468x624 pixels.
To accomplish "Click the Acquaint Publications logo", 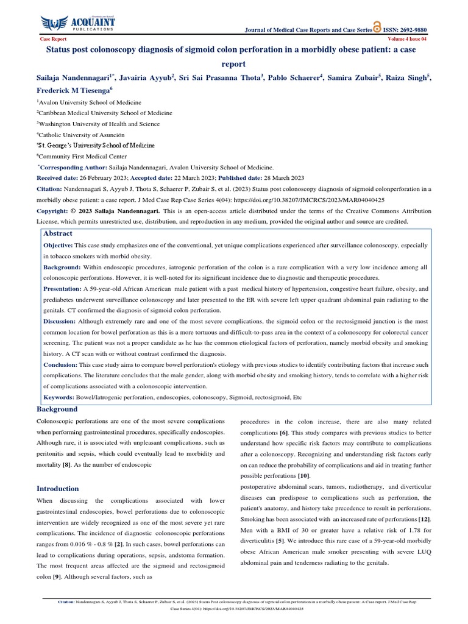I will click(x=79, y=23).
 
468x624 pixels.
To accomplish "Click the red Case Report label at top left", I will click(x=53, y=38).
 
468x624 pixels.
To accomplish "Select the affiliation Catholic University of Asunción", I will click(x=82, y=135).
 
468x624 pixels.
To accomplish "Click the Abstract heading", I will click(x=57, y=233).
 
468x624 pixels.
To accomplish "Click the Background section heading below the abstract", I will click(x=57, y=409).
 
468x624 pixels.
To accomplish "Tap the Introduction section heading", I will click(x=58, y=489).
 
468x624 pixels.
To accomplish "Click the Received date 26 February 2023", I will click(x=111, y=177).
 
